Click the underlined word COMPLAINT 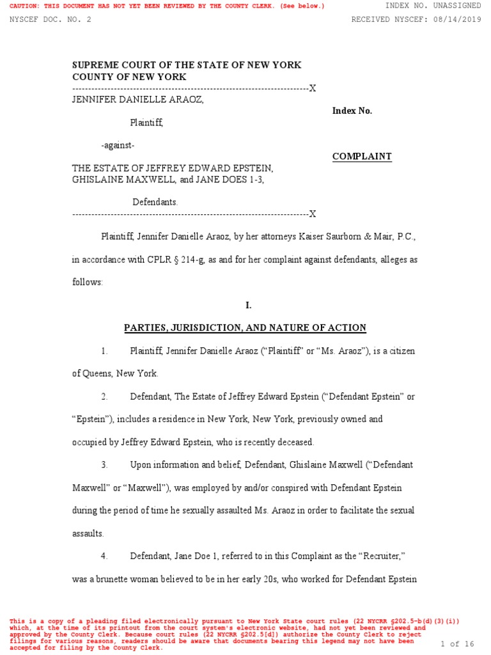362,157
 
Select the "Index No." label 352,111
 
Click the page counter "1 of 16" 458,643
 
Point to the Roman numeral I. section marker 249,306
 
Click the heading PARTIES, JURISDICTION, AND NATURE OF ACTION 245,328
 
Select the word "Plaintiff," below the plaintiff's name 146,122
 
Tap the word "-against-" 118,145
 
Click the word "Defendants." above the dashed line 155,202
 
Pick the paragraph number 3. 104,464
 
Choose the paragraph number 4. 104,556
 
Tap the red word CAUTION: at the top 25,6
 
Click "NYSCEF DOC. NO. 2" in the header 51,19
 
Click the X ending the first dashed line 313,88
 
